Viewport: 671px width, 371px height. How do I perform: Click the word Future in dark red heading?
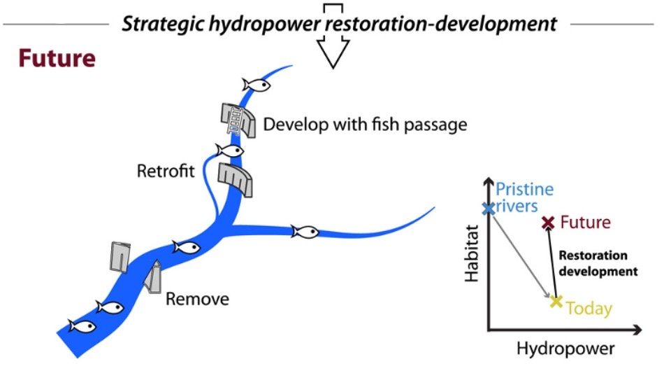click(x=57, y=58)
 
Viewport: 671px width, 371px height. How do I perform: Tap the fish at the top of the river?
click(x=255, y=85)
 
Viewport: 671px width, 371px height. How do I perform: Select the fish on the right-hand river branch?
click(x=305, y=231)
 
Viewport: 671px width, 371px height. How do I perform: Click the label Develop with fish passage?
click(x=364, y=125)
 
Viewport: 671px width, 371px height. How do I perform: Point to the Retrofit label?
click(x=166, y=171)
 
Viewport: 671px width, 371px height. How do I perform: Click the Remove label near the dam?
click(x=197, y=300)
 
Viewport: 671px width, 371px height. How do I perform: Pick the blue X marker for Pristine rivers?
click(x=489, y=208)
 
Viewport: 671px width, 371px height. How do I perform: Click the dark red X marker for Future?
click(x=548, y=223)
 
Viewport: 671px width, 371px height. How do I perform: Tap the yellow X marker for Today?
click(x=556, y=302)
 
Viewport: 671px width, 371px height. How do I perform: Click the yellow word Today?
click(x=589, y=308)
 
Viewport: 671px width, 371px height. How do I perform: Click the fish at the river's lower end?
click(x=81, y=326)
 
